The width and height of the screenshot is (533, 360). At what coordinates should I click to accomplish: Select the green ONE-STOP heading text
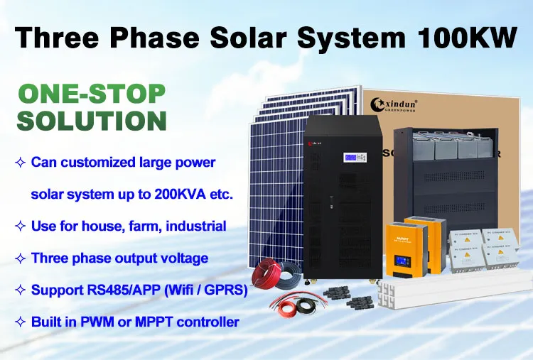pyautogui.click(x=92, y=94)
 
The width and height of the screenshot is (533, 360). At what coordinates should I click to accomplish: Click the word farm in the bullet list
pyautogui.click(x=142, y=226)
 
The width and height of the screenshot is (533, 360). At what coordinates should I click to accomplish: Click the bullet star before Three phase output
pyautogui.click(x=20, y=258)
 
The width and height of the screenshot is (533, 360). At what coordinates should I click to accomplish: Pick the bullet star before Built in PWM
pyautogui.click(x=20, y=322)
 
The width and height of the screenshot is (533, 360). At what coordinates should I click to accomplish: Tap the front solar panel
pyautogui.click(x=277, y=192)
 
